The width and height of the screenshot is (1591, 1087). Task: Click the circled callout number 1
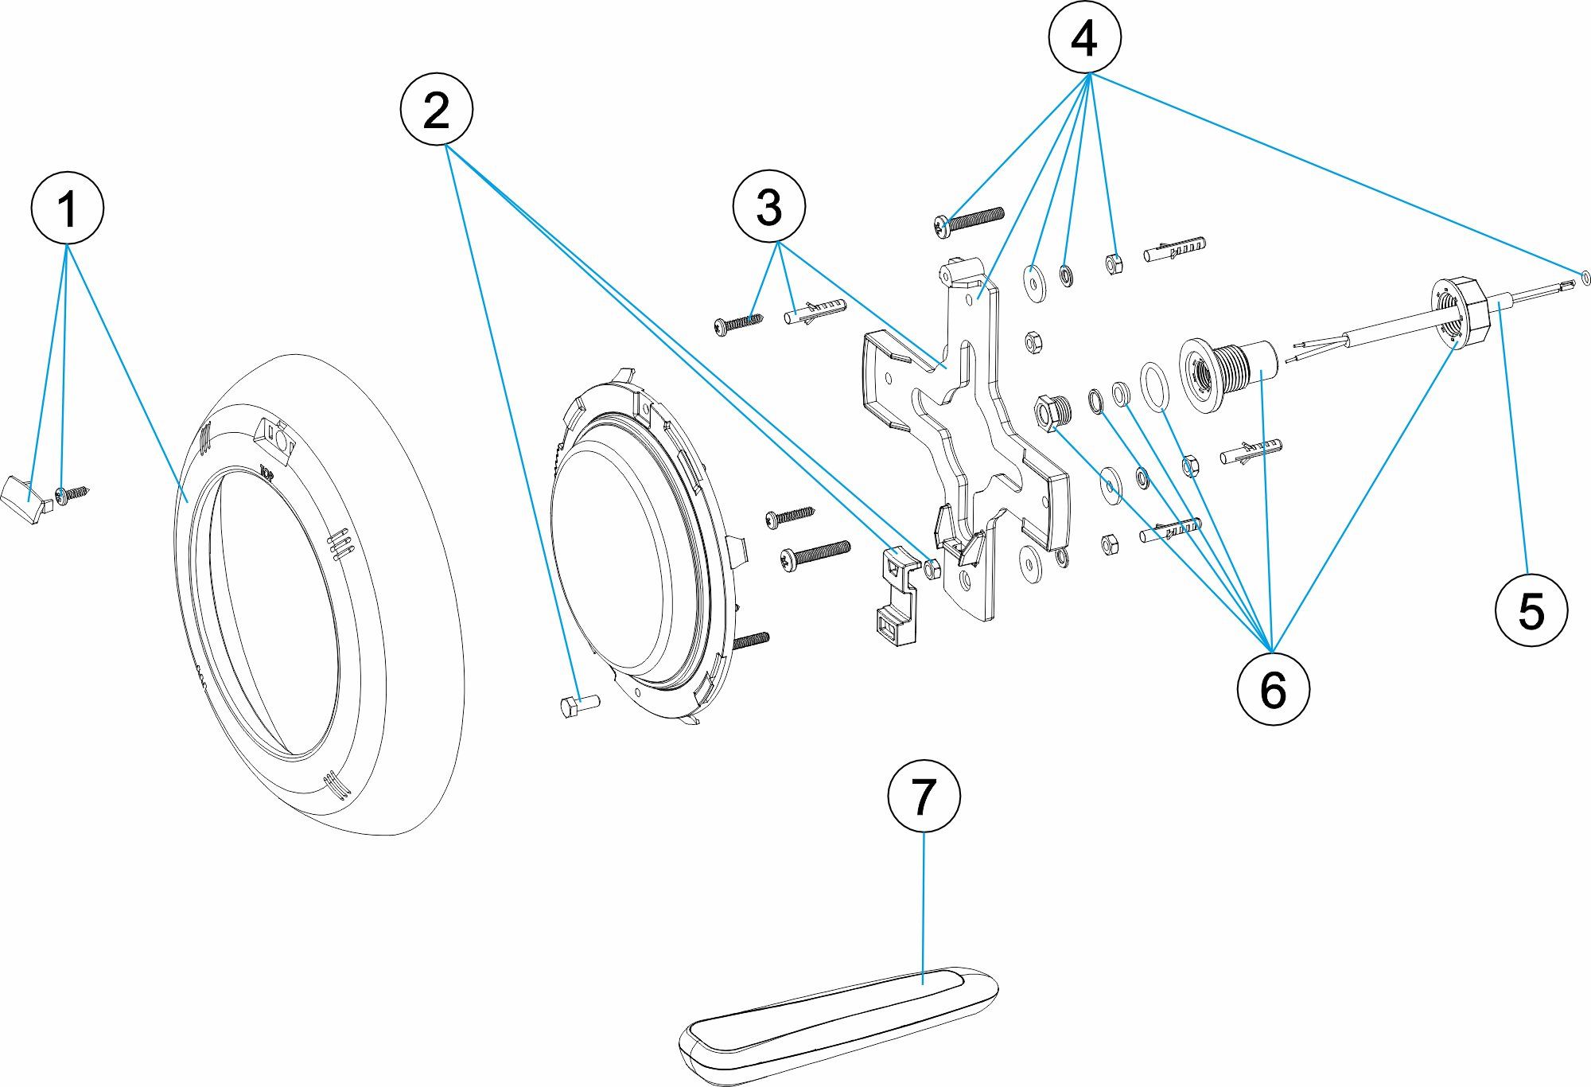click(x=67, y=208)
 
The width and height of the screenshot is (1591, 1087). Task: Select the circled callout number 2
click(x=436, y=110)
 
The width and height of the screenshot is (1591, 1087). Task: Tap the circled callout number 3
click(x=768, y=207)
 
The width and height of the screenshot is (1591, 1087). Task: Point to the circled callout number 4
click(x=1084, y=38)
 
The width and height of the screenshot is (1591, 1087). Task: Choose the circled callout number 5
click(x=1531, y=610)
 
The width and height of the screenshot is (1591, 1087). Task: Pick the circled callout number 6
click(x=1273, y=688)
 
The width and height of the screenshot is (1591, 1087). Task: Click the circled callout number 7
click(x=924, y=796)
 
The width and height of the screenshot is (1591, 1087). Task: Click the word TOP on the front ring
click(x=267, y=475)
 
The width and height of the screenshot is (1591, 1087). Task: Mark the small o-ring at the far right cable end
click(x=1586, y=277)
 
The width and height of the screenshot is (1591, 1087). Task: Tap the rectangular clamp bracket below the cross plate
click(x=896, y=593)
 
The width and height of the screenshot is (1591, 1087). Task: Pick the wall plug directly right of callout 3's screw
click(x=815, y=311)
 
